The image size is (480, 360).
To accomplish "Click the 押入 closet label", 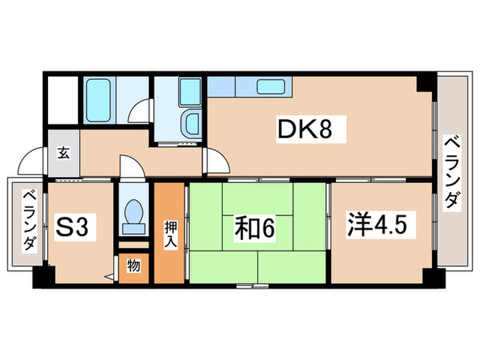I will click(x=169, y=234).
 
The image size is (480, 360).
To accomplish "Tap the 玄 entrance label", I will click(x=62, y=152).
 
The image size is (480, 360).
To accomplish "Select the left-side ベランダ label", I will click(x=28, y=221).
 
